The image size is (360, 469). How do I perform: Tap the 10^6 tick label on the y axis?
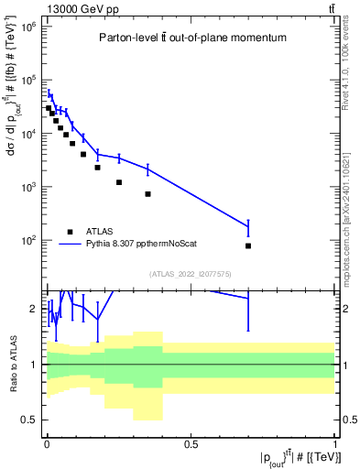[27, 27]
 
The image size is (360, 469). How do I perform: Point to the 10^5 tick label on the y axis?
[27, 80]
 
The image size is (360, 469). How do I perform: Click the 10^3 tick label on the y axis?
[27, 187]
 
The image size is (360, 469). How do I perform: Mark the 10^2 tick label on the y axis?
[27, 240]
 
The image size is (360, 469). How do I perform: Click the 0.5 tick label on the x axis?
[191, 444]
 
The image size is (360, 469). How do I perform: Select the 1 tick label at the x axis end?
[334, 444]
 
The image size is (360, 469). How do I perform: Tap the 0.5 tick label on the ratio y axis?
[30, 420]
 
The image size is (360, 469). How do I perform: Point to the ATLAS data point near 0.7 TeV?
[248, 246]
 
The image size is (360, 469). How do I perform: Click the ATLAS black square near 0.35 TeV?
[147, 194]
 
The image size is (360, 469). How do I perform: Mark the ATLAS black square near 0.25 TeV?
[119, 182]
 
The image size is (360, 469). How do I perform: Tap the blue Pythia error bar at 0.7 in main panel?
[248, 226]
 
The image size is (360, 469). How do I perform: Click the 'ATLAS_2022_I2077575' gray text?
[190, 273]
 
